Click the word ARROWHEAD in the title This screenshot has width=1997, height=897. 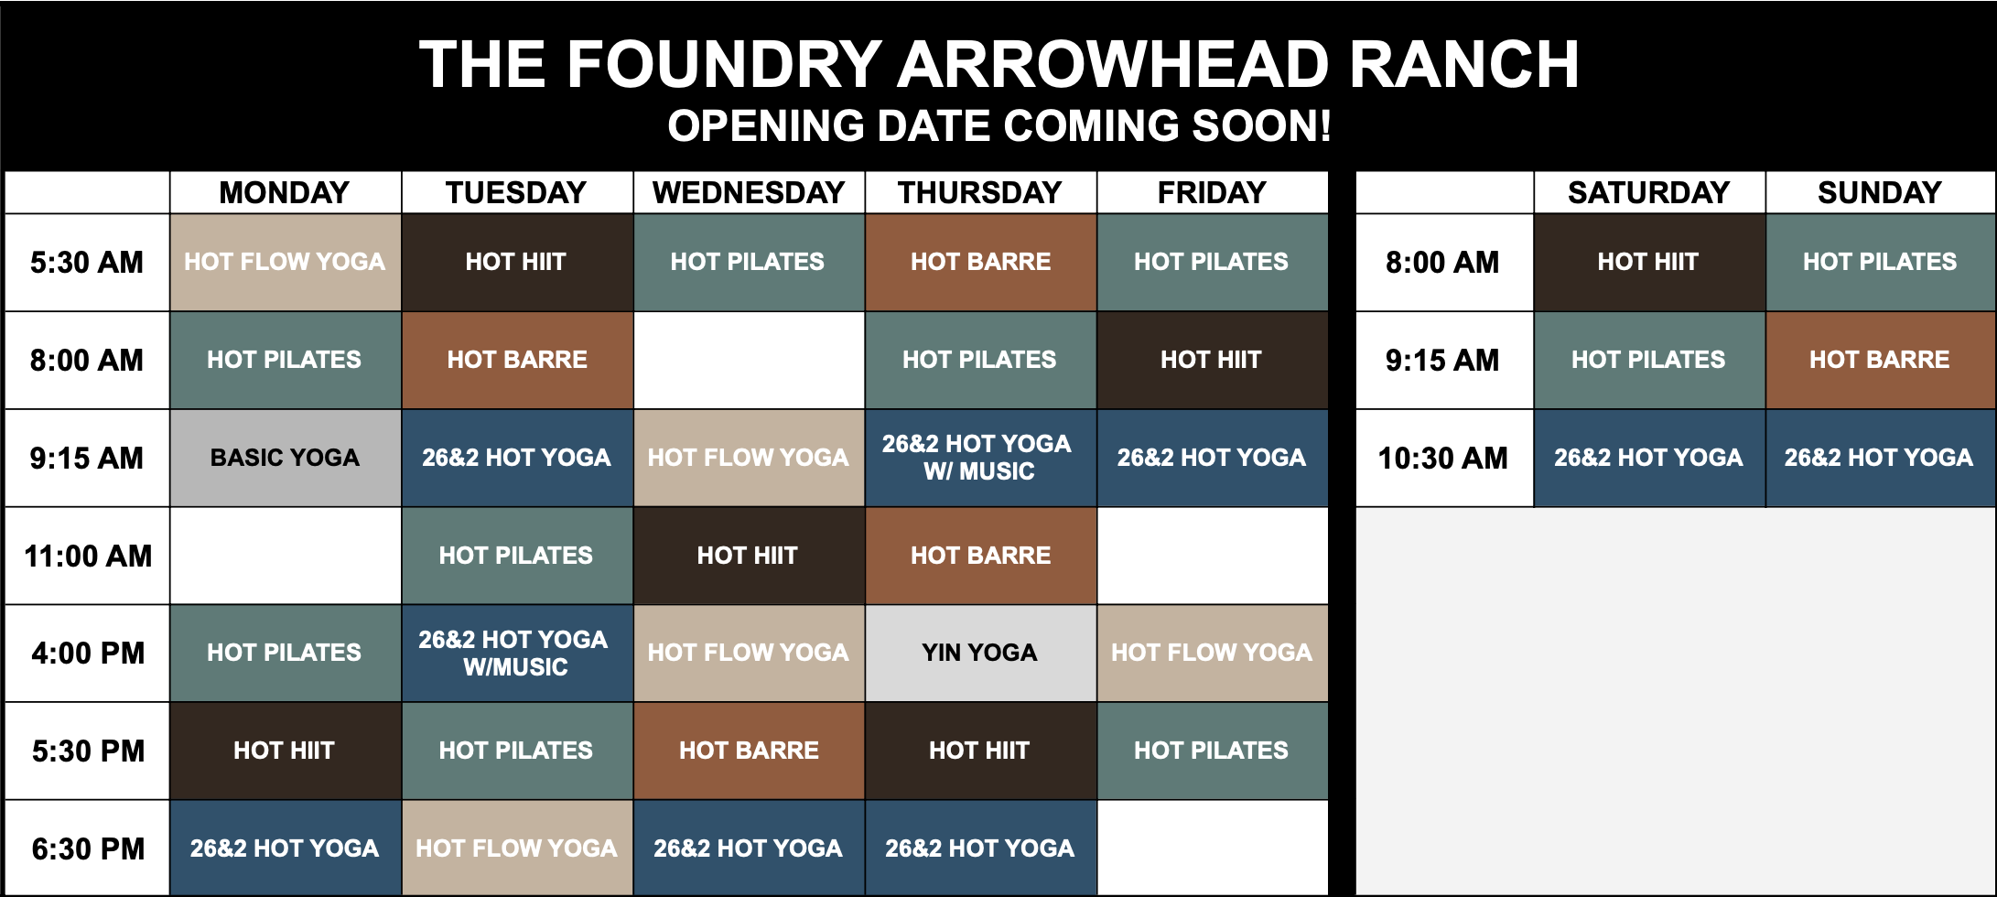pyautogui.click(x=1112, y=65)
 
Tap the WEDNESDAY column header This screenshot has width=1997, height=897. pyautogui.click(x=748, y=192)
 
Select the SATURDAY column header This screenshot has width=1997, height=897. pyautogui.click(x=1648, y=192)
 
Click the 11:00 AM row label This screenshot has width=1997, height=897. pyautogui.click(x=88, y=556)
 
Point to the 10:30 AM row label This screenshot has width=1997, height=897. pyautogui.click(x=1442, y=458)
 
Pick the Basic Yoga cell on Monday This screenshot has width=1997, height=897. pyautogui.click(x=285, y=458)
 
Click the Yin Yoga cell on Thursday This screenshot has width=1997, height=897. pyautogui.click(x=979, y=653)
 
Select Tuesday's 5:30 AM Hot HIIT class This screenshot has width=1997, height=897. pyautogui.click(x=516, y=262)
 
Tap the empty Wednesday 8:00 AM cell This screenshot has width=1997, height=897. pyautogui.click(x=749, y=360)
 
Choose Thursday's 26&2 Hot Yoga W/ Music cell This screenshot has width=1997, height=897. pyautogui.click(x=979, y=458)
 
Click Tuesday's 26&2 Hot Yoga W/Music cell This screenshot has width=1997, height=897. pyautogui.click(x=516, y=653)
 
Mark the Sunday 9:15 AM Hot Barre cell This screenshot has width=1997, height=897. pyautogui.click(x=1880, y=360)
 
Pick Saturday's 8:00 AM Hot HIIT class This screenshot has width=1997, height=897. pyautogui.click(x=1648, y=262)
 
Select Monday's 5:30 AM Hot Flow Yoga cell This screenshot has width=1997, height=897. pyautogui.click(x=285, y=262)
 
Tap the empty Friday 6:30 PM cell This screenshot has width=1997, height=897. pyautogui.click(x=1212, y=848)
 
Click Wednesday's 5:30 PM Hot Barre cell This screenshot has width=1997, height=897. pyautogui.click(x=749, y=751)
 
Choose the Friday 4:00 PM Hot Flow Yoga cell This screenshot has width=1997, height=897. pyautogui.click(x=1212, y=653)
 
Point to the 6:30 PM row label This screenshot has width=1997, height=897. pyautogui.click(x=88, y=848)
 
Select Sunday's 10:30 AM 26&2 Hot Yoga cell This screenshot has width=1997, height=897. pyautogui.click(x=1880, y=458)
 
